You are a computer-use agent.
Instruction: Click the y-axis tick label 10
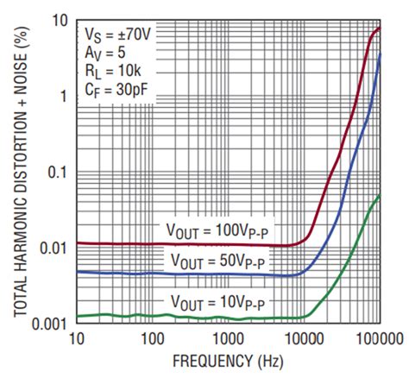(x=58, y=20)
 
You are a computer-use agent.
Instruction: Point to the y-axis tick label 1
(x=62, y=95)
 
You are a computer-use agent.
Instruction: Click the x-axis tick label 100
(x=152, y=337)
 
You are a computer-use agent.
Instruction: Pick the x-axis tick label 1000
(x=228, y=337)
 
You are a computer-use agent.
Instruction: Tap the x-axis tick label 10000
(x=303, y=337)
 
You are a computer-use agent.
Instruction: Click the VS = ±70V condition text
(x=116, y=35)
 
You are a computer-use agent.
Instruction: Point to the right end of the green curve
(x=380, y=196)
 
